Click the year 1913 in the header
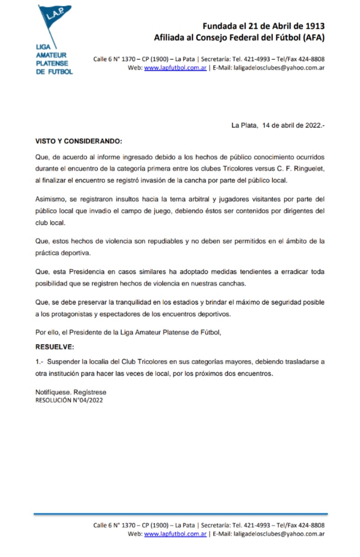[313, 26]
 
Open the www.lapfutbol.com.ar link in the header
[175, 68]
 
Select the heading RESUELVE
[55, 347]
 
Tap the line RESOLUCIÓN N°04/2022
[69, 400]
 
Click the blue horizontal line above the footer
[180, 514]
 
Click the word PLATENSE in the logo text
[51, 64]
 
